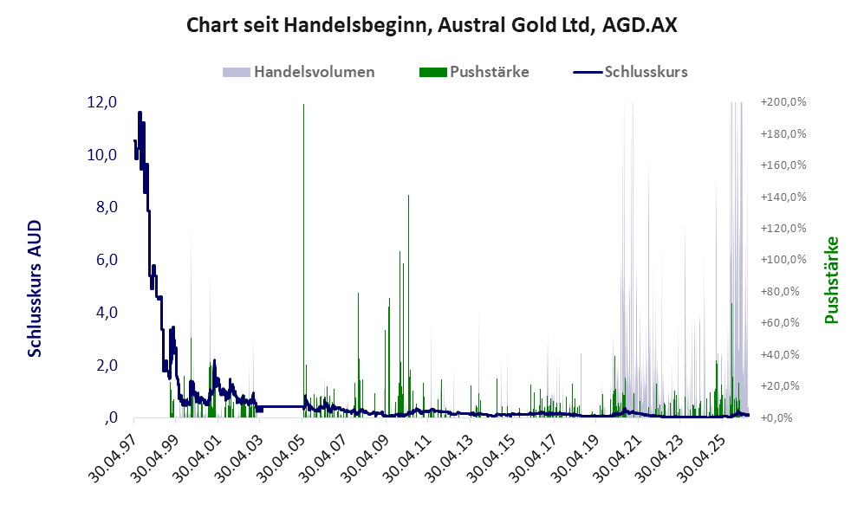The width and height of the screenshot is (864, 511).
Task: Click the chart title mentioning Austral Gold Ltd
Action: (432, 25)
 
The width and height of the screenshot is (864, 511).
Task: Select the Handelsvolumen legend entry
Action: (299, 72)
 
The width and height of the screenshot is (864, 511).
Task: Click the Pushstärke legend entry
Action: (474, 72)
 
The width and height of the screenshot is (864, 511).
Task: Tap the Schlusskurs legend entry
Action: (630, 72)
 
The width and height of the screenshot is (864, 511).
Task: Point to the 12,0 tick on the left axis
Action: (102, 102)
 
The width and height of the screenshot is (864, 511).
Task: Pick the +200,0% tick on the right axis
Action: (783, 102)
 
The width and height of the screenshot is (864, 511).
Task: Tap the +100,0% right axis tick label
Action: (783, 259)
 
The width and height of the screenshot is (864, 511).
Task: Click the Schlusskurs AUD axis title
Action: (35, 288)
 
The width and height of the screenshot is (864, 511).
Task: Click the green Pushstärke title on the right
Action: (831, 281)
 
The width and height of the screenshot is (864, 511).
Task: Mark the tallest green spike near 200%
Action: (303, 260)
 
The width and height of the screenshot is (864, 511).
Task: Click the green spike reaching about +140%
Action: (408, 306)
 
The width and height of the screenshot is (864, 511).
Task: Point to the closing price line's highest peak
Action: (140, 113)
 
